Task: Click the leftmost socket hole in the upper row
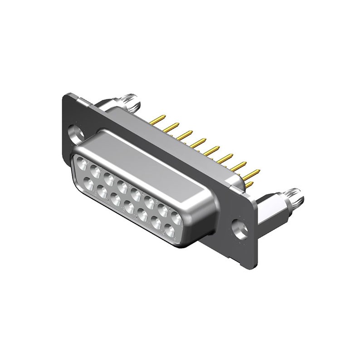point(83,162)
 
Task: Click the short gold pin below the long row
point(249,184)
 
